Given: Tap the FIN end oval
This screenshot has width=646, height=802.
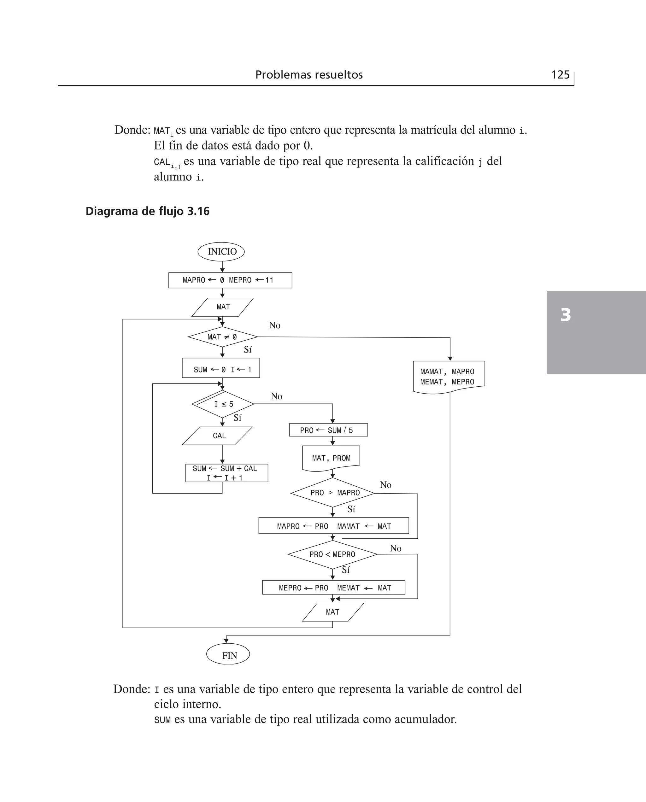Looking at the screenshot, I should [x=228, y=655].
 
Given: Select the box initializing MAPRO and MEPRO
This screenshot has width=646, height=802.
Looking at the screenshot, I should [x=230, y=280].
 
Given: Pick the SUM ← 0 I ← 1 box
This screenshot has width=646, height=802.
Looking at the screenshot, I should [x=221, y=368].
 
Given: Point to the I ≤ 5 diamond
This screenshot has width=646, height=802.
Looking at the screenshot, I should [x=223, y=404].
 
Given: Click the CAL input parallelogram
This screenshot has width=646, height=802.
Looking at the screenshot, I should [x=218, y=436].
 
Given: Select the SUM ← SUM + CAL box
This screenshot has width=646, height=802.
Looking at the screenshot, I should [x=226, y=473].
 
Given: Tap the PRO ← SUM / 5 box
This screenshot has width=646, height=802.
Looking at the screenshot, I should [x=328, y=430].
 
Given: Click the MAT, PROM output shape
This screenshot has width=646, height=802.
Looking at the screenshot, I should [x=331, y=458].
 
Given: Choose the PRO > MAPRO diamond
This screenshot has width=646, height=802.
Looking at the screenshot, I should [x=333, y=493].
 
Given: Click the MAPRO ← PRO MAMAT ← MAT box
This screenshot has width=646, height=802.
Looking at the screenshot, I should [x=333, y=526].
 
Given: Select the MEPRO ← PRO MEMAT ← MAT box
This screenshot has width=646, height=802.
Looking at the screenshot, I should [x=333, y=588].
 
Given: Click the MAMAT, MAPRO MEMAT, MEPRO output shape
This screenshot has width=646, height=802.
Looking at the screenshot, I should [x=449, y=377].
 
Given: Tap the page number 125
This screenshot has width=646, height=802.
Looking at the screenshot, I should [x=560, y=75].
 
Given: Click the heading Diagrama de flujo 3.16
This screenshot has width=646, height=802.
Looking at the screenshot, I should [x=147, y=211].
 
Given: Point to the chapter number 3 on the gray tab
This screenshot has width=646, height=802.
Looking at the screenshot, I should [x=565, y=315].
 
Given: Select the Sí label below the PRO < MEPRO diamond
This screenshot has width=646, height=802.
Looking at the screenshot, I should [x=346, y=570].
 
